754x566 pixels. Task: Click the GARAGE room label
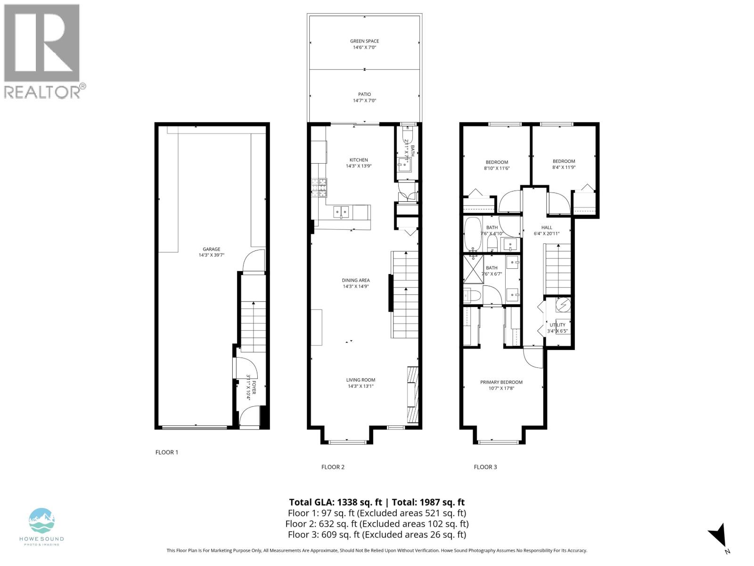click(x=212, y=249)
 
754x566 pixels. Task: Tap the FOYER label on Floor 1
click(x=254, y=387)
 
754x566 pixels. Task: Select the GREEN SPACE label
click(x=364, y=41)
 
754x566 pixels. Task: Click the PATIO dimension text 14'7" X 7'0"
click(x=364, y=100)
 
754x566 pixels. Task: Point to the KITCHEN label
click(x=359, y=160)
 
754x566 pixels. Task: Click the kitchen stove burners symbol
click(x=320, y=187)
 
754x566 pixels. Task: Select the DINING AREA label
click(x=356, y=280)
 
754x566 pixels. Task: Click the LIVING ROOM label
click(x=361, y=380)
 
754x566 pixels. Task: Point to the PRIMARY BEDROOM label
click(x=501, y=382)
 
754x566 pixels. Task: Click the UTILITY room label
click(x=557, y=325)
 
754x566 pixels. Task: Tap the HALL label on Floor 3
click(x=547, y=227)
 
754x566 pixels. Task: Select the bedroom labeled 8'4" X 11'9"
click(x=564, y=164)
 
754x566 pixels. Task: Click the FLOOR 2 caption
click(x=333, y=467)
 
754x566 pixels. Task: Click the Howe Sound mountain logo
click(x=41, y=521)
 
